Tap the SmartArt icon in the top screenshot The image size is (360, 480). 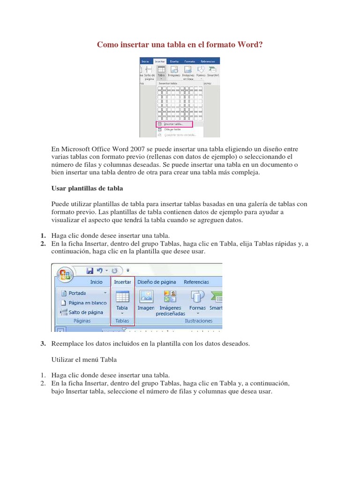point(214,70)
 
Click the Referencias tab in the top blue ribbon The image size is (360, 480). point(207,61)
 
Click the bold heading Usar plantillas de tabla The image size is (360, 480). point(87,188)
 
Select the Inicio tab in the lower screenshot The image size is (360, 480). point(96,282)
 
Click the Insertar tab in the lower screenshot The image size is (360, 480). point(122,282)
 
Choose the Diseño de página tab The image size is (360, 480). point(157,282)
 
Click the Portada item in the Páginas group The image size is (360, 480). point(77,293)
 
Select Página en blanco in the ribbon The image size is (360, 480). point(87,302)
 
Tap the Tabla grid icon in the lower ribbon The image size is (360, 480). point(122,297)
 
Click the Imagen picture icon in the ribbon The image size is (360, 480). point(146,297)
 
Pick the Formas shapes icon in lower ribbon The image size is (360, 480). point(197,297)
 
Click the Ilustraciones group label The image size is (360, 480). point(198,321)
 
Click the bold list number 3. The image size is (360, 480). point(42,344)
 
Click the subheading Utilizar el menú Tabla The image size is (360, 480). point(83,360)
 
